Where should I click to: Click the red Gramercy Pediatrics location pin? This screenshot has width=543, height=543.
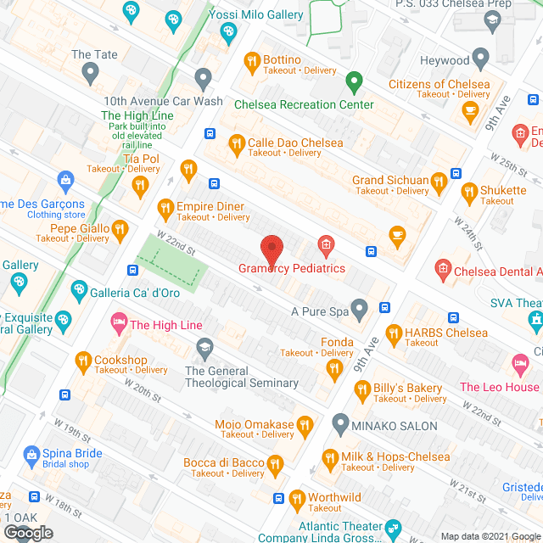pyautogui.click(x=271, y=248)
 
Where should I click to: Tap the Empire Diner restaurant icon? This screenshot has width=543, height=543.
pyautogui.click(x=166, y=207)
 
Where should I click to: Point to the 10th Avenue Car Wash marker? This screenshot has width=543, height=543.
pyautogui.click(x=203, y=79)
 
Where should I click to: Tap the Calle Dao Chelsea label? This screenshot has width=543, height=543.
pyautogui.click(x=295, y=143)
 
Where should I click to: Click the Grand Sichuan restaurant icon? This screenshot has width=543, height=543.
pyautogui.click(x=439, y=180)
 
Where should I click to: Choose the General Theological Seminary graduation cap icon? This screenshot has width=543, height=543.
pyautogui.click(x=204, y=347)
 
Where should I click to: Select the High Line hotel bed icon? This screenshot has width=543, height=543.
pyautogui.click(x=119, y=324)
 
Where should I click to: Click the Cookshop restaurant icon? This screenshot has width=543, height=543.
pyautogui.click(x=83, y=361)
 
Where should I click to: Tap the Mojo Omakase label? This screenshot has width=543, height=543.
pyautogui.click(x=254, y=424)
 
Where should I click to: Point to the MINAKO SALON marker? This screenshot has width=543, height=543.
pyautogui.click(x=340, y=422)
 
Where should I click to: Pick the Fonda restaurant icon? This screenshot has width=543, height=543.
pyautogui.click(x=333, y=367)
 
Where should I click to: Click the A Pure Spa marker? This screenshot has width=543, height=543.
pyautogui.click(x=360, y=310)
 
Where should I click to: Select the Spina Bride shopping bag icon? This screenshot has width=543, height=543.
pyautogui.click(x=31, y=455)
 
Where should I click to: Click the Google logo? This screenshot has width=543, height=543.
pyautogui.click(x=28, y=532)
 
